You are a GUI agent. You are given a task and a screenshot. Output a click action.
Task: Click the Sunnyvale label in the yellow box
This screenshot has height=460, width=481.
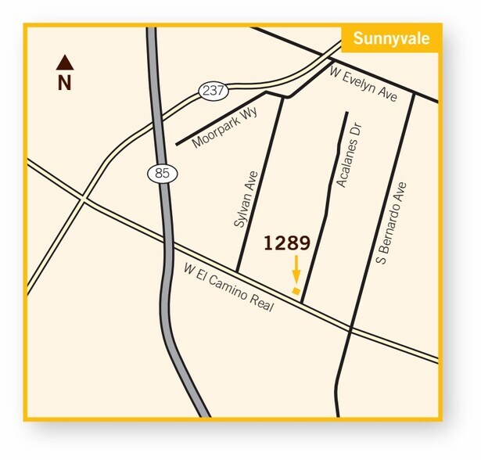pyautogui.click(x=391, y=39)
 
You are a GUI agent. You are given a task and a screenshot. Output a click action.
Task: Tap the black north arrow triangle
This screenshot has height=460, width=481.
pyautogui.click(x=64, y=61)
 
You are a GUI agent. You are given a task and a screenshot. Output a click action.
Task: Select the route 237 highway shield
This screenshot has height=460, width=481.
pyautogui.click(x=212, y=90)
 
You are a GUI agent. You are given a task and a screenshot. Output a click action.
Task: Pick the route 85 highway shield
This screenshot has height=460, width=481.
pyautogui.click(x=162, y=173)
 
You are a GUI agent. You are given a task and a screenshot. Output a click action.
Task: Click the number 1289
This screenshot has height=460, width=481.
pyautogui.click(x=286, y=243)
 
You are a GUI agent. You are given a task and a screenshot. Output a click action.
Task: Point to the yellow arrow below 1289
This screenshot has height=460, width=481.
pyautogui.click(x=296, y=271)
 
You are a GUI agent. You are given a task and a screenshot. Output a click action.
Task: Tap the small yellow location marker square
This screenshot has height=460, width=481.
pyautogui.click(x=295, y=291)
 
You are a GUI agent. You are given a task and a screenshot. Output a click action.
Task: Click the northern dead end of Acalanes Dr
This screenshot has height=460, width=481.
pyautogui.click(x=346, y=113)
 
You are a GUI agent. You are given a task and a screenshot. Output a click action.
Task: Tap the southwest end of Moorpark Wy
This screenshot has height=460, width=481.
pyautogui.click(x=178, y=145)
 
